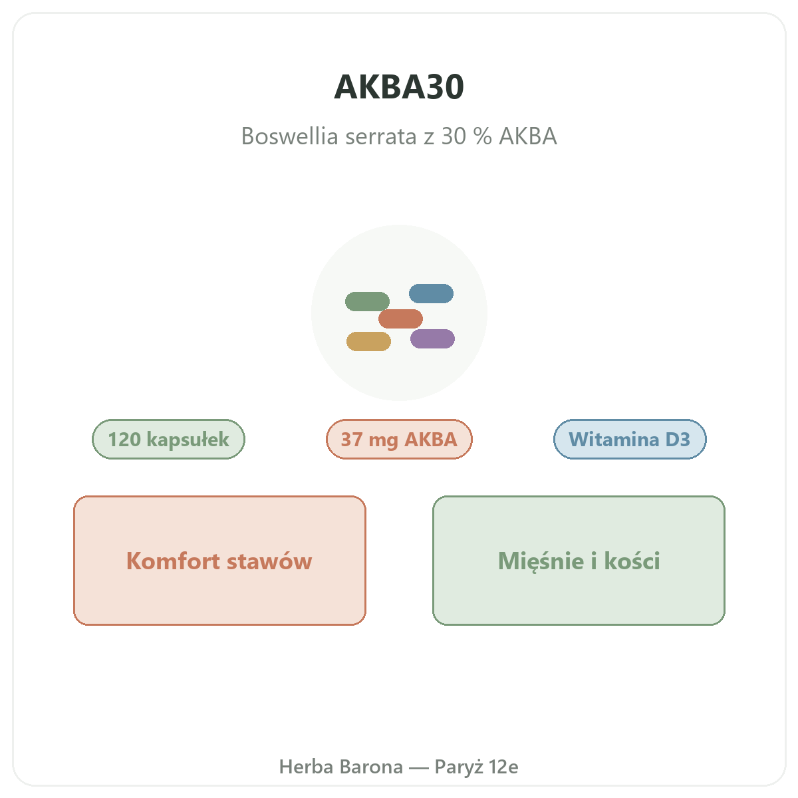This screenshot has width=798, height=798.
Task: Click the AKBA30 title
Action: coord(398,87)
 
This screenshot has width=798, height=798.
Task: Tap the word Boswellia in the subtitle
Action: coord(289,136)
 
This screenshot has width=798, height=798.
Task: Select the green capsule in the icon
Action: coord(367,301)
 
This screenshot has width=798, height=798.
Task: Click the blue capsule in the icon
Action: coord(431,293)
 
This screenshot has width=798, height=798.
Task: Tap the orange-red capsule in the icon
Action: coord(400,319)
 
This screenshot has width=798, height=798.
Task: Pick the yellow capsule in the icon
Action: coord(368,341)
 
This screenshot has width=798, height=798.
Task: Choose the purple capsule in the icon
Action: coord(432,338)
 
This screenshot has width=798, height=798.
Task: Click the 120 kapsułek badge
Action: coord(168,438)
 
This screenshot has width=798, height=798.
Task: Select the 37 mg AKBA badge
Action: coord(399,438)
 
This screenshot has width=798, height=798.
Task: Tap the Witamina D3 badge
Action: coord(630,438)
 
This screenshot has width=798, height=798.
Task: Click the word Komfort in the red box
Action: coord(173,561)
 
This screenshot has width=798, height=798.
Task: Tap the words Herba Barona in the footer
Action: coord(341,766)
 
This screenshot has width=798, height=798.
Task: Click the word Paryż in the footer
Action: coord(458,767)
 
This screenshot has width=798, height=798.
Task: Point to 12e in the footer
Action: coord(503,767)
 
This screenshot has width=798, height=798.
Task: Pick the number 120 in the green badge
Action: coord(124,439)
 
